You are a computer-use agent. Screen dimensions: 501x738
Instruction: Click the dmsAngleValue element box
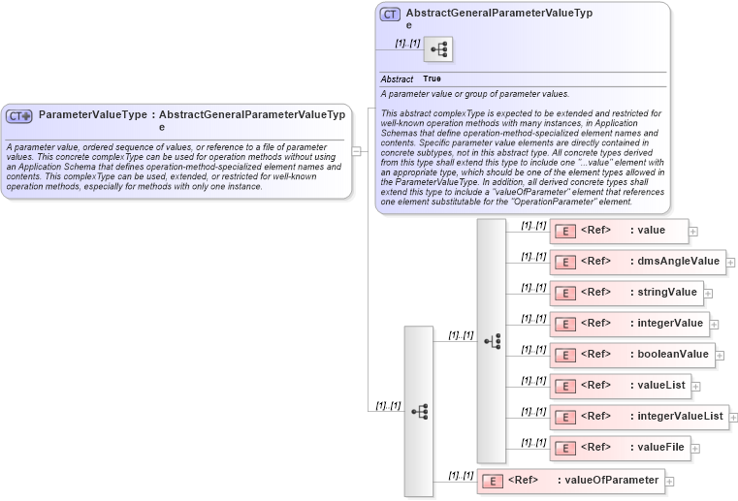[637, 262]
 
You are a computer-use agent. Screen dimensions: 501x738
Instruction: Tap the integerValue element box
[628, 324]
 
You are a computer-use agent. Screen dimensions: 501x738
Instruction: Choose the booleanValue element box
[631, 355]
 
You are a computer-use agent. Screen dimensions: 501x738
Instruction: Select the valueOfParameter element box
[570, 481]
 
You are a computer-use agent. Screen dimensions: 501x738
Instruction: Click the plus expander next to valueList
[696, 387]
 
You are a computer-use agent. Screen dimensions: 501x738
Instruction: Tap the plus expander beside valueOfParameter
[670, 482]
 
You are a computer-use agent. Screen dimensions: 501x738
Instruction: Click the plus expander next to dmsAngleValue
[730, 263]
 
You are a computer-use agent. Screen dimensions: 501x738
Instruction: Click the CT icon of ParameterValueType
[19, 115]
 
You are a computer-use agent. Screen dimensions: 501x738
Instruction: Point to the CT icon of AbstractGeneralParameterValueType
[390, 15]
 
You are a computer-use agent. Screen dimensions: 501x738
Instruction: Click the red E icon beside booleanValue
[564, 356]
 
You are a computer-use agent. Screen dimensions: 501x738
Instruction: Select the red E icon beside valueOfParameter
[493, 482]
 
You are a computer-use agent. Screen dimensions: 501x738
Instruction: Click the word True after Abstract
[432, 78]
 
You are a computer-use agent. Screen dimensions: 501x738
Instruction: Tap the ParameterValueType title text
[92, 114]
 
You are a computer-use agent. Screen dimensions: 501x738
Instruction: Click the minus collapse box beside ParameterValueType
[357, 151]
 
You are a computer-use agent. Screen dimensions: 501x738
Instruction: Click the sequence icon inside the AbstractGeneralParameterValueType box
[438, 49]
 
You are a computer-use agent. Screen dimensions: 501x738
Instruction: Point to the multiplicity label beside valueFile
[532, 442]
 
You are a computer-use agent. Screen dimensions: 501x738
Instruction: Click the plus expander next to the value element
[693, 232]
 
